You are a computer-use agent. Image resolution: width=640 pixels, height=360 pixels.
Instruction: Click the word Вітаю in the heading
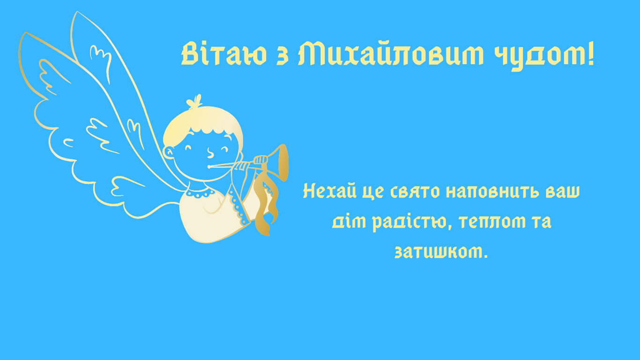[x=224, y=55]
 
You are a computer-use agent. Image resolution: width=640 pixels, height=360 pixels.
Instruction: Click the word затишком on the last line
[x=441, y=252]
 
